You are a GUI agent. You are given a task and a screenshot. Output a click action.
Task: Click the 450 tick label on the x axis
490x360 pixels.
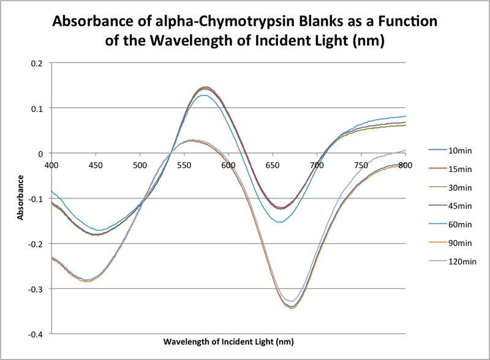pyautogui.click(x=96, y=164)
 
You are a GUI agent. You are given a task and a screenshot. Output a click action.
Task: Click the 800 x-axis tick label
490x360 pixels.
pyautogui.click(x=404, y=164)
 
